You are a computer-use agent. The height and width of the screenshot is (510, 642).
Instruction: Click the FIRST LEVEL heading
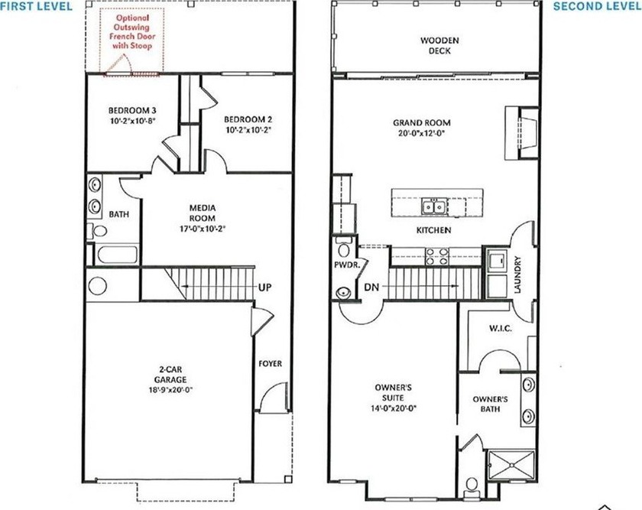pyautogui.click(x=36, y=6)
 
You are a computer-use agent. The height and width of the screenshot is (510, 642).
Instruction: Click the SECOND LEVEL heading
pyautogui.click(x=598, y=6)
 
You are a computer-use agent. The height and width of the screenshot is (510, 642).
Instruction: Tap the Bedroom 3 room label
pyautogui.click(x=131, y=111)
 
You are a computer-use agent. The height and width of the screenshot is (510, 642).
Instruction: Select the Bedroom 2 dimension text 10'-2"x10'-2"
pyautogui.click(x=248, y=130)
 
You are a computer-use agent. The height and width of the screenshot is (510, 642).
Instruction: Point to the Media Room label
pyautogui.click(x=203, y=213)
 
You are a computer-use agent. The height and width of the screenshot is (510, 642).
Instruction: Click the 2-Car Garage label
pyautogui.click(x=170, y=375)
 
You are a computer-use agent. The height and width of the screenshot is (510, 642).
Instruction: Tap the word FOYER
pyautogui.click(x=271, y=363)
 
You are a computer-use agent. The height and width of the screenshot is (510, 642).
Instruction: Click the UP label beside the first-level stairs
pyautogui.click(x=264, y=287)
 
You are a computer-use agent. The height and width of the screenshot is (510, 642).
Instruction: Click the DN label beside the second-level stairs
pyautogui.click(x=371, y=287)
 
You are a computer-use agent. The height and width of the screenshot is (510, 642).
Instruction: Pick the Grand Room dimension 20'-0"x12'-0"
pyautogui.click(x=421, y=133)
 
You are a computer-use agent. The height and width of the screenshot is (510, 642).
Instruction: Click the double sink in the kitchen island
pyautogui.click(x=433, y=206)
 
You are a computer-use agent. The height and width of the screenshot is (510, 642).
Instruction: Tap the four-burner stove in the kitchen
pyautogui.click(x=437, y=256)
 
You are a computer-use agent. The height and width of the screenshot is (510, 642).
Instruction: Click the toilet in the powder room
pyautogui.click(x=343, y=246)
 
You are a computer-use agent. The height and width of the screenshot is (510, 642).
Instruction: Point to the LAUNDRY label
pyautogui.click(x=517, y=274)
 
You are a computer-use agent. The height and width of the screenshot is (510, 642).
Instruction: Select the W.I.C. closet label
pyautogui.click(x=501, y=328)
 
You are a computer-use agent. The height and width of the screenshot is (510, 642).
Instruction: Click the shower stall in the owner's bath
pyautogui.click(x=511, y=465)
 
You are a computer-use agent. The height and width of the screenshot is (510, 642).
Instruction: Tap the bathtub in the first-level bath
pyautogui.click(x=117, y=255)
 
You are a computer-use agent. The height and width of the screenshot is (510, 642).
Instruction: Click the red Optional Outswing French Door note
pyautogui.click(x=131, y=31)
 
